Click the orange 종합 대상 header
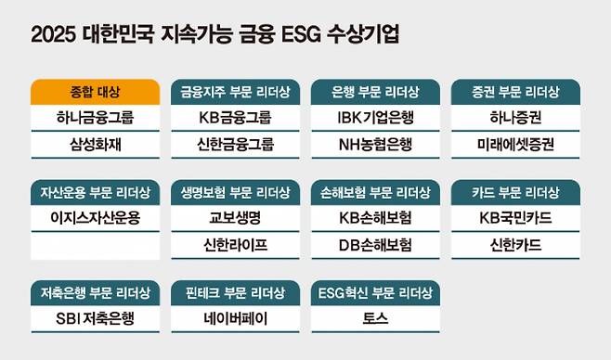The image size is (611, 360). coord(94,93)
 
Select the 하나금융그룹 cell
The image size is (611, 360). coord(94,119)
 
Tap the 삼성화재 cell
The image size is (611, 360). coord(94,145)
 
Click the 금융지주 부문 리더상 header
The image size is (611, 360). coord(235,93)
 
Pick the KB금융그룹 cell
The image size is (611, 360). coord(235,119)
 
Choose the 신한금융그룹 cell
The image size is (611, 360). coord(235,145)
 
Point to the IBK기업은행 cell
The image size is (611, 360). coord(375,119)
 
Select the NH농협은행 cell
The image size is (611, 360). coord(375,145)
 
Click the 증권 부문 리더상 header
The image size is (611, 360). coord(515,93)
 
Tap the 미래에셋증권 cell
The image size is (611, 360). coord(515,145)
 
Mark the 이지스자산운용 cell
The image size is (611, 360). coord(94,219)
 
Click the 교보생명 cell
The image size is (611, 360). coord(235,219)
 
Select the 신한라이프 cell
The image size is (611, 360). coord(235,245)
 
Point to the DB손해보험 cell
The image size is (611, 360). coord(375,245)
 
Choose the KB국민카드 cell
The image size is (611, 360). coord(515,219)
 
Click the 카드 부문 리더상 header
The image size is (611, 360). coord(515,193)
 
